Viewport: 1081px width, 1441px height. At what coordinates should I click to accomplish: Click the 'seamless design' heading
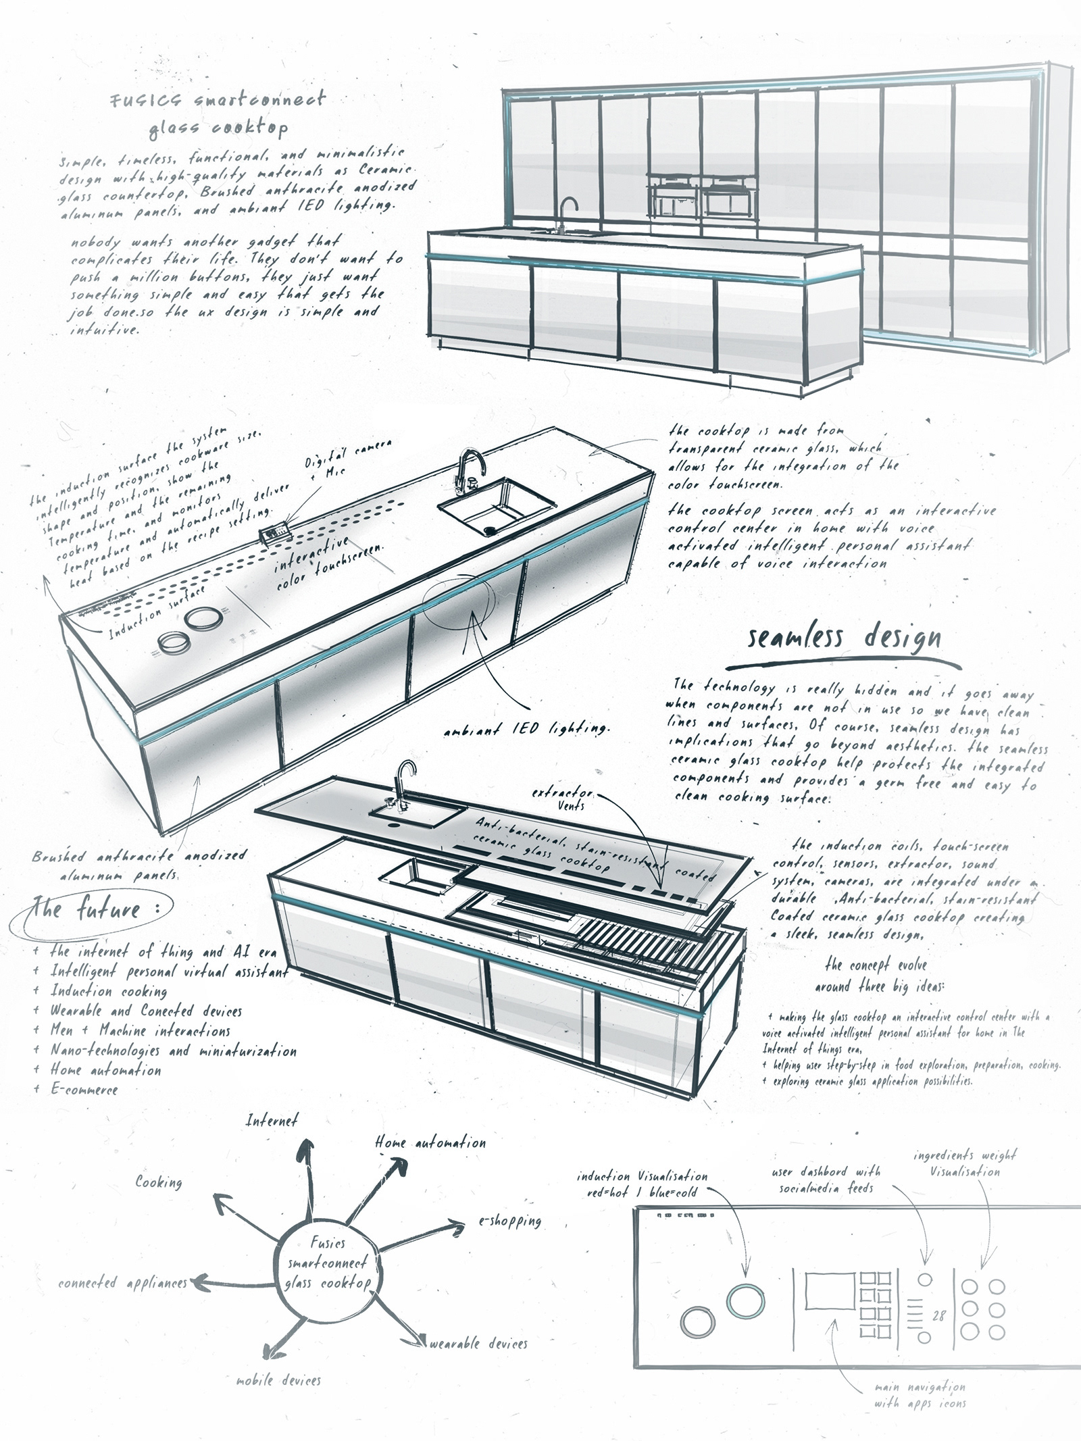pyautogui.click(x=844, y=638)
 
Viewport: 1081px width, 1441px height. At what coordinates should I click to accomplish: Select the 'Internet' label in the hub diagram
pyautogui.click(x=271, y=1120)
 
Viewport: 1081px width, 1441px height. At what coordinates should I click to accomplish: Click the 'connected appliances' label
pyautogui.click(x=122, y=1282)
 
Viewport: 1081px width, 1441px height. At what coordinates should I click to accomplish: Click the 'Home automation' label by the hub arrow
pyautogui.click(x=430, y=1143)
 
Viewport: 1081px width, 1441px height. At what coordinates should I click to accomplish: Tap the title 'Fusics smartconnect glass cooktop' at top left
pyautogui.click(x=218, y=113)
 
